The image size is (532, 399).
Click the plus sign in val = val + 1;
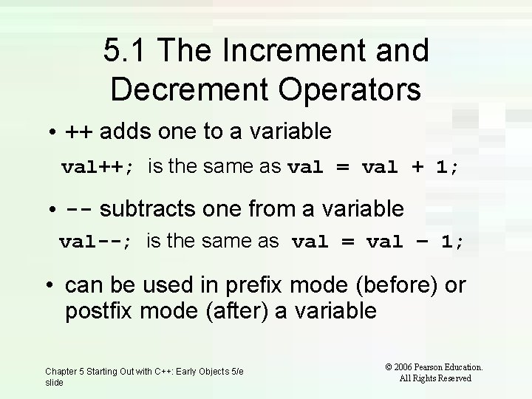(x=418, y=168)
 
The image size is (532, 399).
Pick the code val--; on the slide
(x=95, y=241)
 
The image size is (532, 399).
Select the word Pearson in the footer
(x=437, y=366)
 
